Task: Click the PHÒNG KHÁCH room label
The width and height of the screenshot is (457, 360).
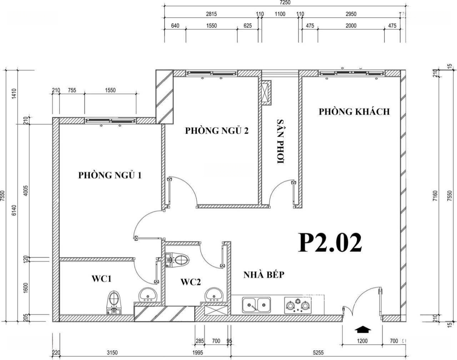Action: click(x=354, y=112)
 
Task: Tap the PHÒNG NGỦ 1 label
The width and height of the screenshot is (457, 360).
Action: click(x=110, y=175)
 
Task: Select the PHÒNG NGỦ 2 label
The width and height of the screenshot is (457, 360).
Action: click(x=217, y=130)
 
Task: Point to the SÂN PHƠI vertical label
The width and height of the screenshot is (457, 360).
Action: click(x=281, y=141)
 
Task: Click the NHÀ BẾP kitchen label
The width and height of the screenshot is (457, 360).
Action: click(x=264, y=275)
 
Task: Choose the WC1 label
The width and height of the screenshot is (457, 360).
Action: click(x=102, y=279)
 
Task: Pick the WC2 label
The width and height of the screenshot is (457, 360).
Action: click(x=190, y=282)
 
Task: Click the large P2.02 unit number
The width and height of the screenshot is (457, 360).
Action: click(x=330, y=242)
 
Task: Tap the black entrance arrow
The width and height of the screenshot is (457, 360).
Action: click(x=363, y=329)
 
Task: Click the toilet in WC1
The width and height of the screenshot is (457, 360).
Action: click(x=114, y=302)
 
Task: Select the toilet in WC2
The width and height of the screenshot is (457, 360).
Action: click(x=177, y=259)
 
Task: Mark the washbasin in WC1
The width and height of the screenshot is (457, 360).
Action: click(x=148, y=295)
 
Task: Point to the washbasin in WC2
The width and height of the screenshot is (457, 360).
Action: click(x=215, y=295)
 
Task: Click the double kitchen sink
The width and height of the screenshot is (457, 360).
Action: click(x=256, y=305)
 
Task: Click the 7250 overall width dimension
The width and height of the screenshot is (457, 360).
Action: click(x=285, y=3)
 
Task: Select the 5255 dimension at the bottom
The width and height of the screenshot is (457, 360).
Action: click(x=318, y=353)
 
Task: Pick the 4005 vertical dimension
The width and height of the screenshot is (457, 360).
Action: click(x=26, y=191)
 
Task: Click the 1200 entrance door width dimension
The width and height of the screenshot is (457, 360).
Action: click(x=362, y=341)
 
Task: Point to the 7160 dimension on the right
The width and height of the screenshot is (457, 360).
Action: click(x=435, y=196)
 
